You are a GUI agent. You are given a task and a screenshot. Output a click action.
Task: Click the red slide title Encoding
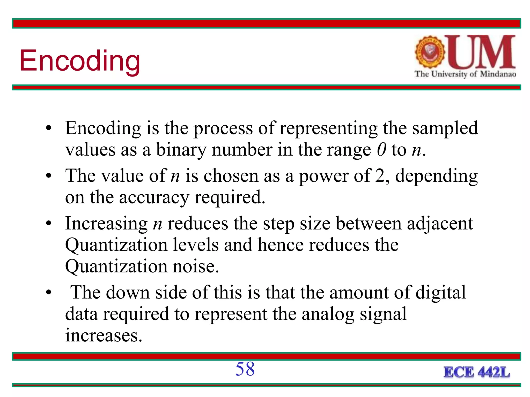click(80, 61)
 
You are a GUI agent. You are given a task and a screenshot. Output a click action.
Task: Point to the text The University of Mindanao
click(465, 74)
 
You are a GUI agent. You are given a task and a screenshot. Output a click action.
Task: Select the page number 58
click(245, 369)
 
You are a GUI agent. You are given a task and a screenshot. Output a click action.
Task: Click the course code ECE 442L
click(477, 372)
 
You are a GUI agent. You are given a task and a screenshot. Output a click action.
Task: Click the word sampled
click(445, 128)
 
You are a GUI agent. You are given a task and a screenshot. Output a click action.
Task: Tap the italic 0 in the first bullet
click(381, 150)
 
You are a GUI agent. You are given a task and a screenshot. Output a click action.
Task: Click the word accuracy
click(154, 198)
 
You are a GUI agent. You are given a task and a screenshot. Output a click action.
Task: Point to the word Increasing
click(106, 224)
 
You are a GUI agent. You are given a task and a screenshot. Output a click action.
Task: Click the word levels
click(196, 245)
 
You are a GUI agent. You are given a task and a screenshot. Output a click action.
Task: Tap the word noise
click(195, 266)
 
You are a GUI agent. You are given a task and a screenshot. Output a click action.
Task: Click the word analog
click(328, 315)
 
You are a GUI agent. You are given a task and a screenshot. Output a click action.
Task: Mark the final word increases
click(104, 336)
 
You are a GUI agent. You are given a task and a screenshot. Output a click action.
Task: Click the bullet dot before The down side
click(49, 293)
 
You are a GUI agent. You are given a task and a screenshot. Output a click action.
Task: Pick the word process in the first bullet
click(223, 129)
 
